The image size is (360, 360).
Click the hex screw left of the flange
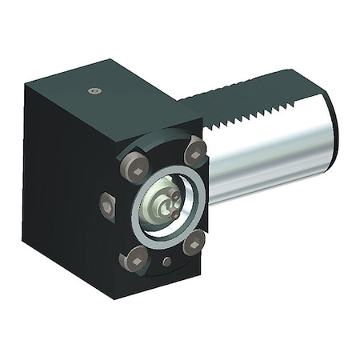click(108, 206)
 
